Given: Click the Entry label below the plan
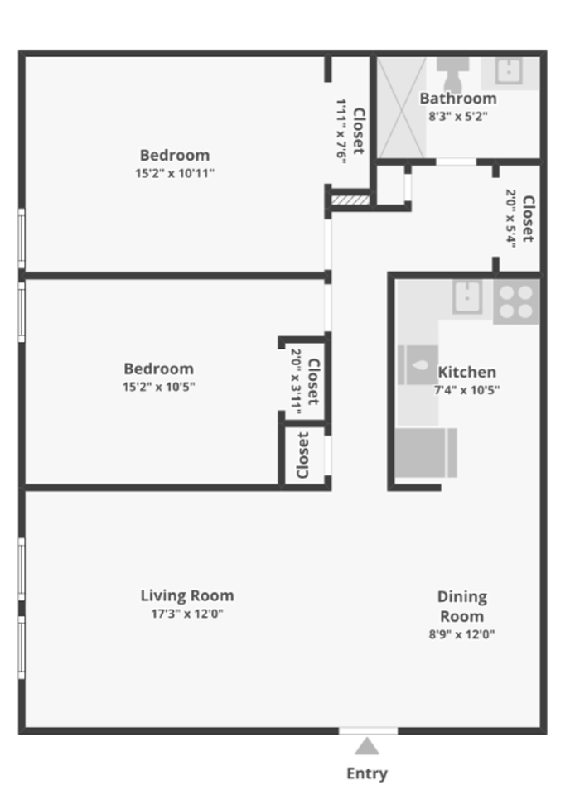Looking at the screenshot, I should click(x=366, y=773).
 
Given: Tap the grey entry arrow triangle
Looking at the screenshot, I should click(x=367, y=747).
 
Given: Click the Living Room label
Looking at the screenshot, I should click(x=187, y=595).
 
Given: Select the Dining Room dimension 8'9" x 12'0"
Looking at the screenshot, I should click(x=461, y=635).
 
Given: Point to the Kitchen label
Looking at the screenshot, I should click(x=466, y=372).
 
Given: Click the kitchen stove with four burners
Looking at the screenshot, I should click(x=516, y=301).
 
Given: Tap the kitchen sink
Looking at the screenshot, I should click(x=468, y=296).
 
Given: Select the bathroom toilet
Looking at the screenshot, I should click(x=452, y=74).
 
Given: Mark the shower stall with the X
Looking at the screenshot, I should click(x=402, y=106).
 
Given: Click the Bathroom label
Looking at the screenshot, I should click(x=457, y=99).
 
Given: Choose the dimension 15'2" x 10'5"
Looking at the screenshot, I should click(x=159, y=387).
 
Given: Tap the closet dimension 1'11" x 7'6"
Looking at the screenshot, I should click(x=341, y=131).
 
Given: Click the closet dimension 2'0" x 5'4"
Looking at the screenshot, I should click(x=511, y=218).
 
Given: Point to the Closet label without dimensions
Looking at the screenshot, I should click(x=302, y=455).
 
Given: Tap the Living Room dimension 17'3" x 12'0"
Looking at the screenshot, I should click(x=187, y=614).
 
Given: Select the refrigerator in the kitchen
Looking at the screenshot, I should click(x=426, y=452).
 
